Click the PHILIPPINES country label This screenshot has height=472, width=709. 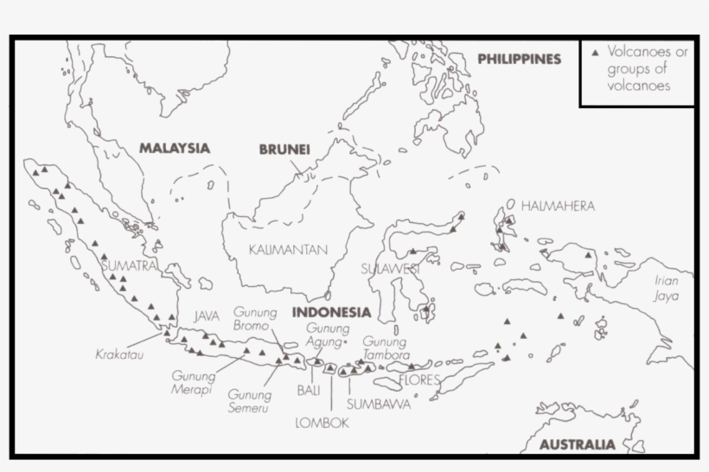[519, 60]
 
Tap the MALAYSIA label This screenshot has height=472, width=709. [175, 148]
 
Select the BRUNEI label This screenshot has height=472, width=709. [284, 150]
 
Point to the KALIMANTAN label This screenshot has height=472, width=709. [288, 250]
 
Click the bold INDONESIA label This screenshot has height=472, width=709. [331, 312]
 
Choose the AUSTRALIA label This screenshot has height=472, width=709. [578, 445]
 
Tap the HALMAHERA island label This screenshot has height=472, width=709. [557, 206]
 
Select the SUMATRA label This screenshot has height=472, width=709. [130, 266]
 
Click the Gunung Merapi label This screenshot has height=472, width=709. [191, 383]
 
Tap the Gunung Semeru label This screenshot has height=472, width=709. [250, 401]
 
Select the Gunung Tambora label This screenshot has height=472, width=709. [384, 348]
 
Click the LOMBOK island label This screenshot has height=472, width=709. [322, 423]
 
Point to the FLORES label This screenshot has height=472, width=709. [419, 380]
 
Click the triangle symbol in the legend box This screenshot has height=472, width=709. [595, 53]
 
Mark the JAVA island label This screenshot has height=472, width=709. [208, 316]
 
